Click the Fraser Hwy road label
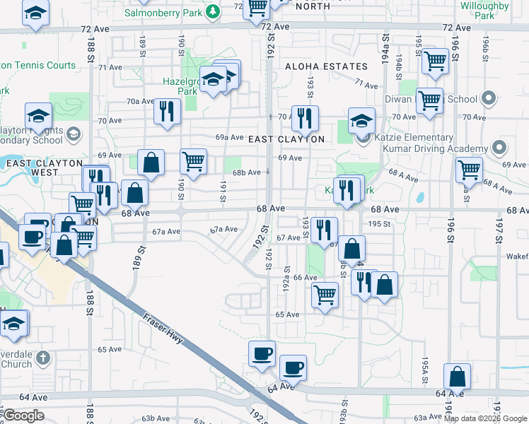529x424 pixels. click(163, 329)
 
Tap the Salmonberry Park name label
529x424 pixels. click(163, 13)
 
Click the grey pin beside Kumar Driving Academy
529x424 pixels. click(499, 148)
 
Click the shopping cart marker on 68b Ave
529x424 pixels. click(193, 162)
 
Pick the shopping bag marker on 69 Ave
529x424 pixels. click(151, 163)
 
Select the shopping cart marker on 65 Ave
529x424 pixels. click(325, 294)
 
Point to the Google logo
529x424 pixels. click(24, 416)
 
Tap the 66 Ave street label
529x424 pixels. click(305, 278)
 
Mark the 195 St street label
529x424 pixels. click(380, 224)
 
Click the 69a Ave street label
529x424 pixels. click(230, 137)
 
